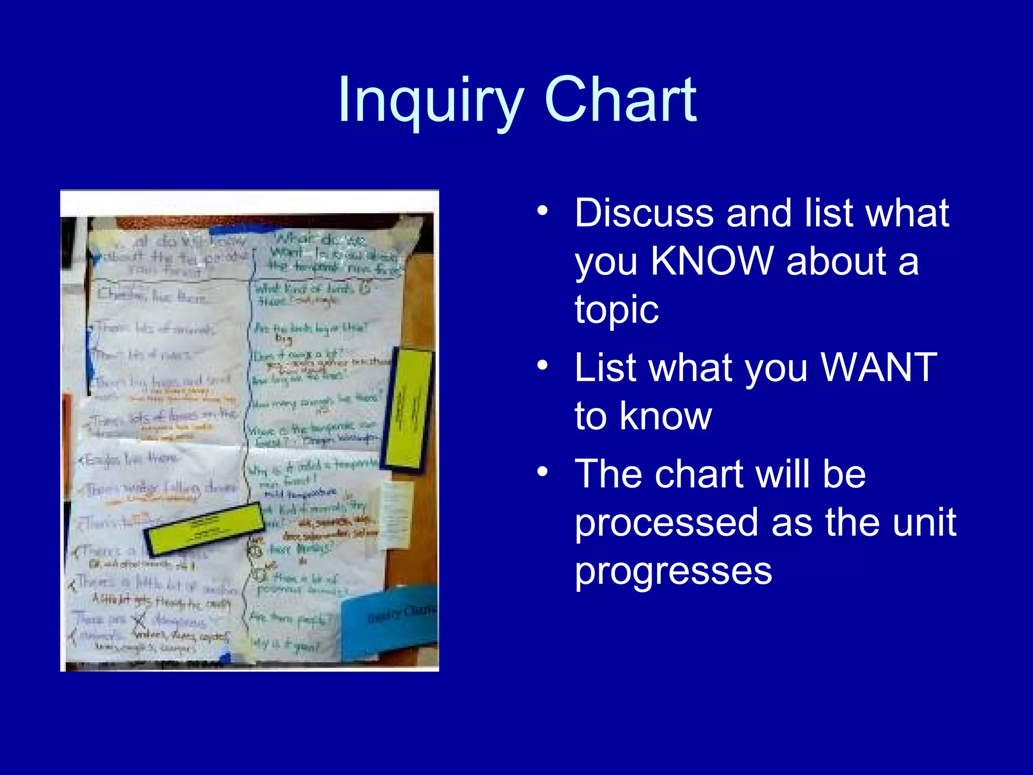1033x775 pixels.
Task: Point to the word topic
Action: click(x=616, y=310)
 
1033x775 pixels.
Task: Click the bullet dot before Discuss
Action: click(x=542, y=211)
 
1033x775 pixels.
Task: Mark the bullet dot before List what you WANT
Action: click(x=542, y=365)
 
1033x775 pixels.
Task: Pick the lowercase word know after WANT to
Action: click(x=666, y=416)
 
